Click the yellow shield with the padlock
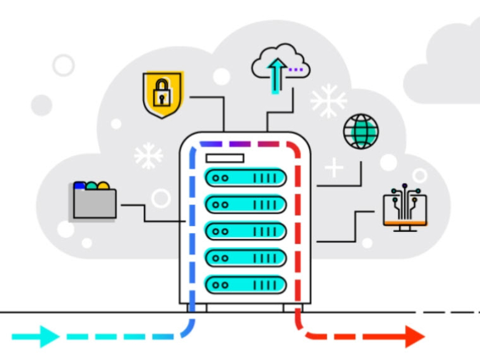(x=162, y=94)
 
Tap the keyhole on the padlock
(x=162, y=98)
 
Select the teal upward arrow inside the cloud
(x=276, y=74)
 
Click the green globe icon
(x=361, y=131)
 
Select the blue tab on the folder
(x=79, y=186)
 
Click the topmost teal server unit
(x=245, y=177)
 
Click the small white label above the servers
(x=224, y=158)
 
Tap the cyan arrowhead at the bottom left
(x=49, y=336)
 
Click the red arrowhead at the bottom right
(x=414, y=336)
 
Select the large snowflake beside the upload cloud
(x=328, y=101)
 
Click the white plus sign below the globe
(x=334, y=167)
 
